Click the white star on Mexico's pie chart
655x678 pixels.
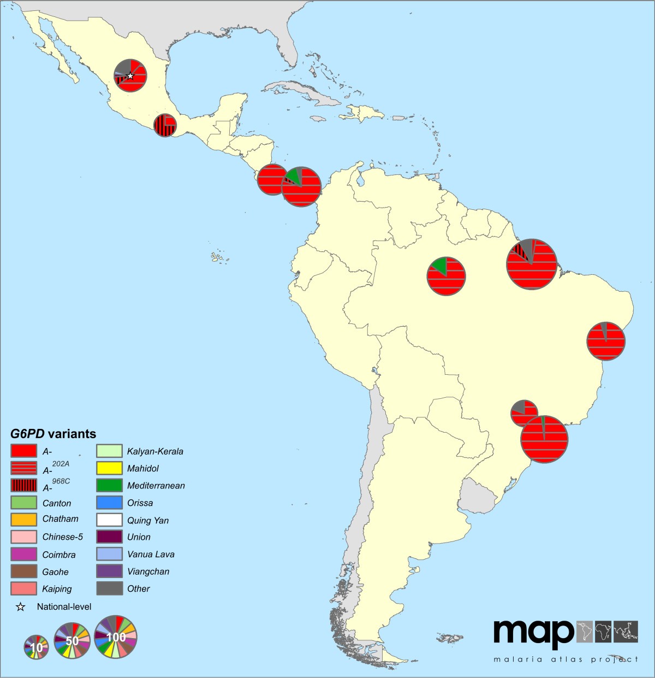click(130, 76)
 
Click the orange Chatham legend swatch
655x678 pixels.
click(23, 519)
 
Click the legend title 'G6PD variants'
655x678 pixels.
click(53, 434)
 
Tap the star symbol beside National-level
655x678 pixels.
click(20, 606)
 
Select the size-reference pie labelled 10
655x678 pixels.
click(36, 647)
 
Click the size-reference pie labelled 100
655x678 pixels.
click(116, 637)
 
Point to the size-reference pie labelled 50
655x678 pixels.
click(72, 641)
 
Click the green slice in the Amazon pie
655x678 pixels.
click(439, 266)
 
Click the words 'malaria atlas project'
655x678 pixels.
click(565, 659)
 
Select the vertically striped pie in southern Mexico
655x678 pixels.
click(164, 125)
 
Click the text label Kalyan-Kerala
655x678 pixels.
click(155, 451)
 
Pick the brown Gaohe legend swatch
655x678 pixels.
click(23, 571)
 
